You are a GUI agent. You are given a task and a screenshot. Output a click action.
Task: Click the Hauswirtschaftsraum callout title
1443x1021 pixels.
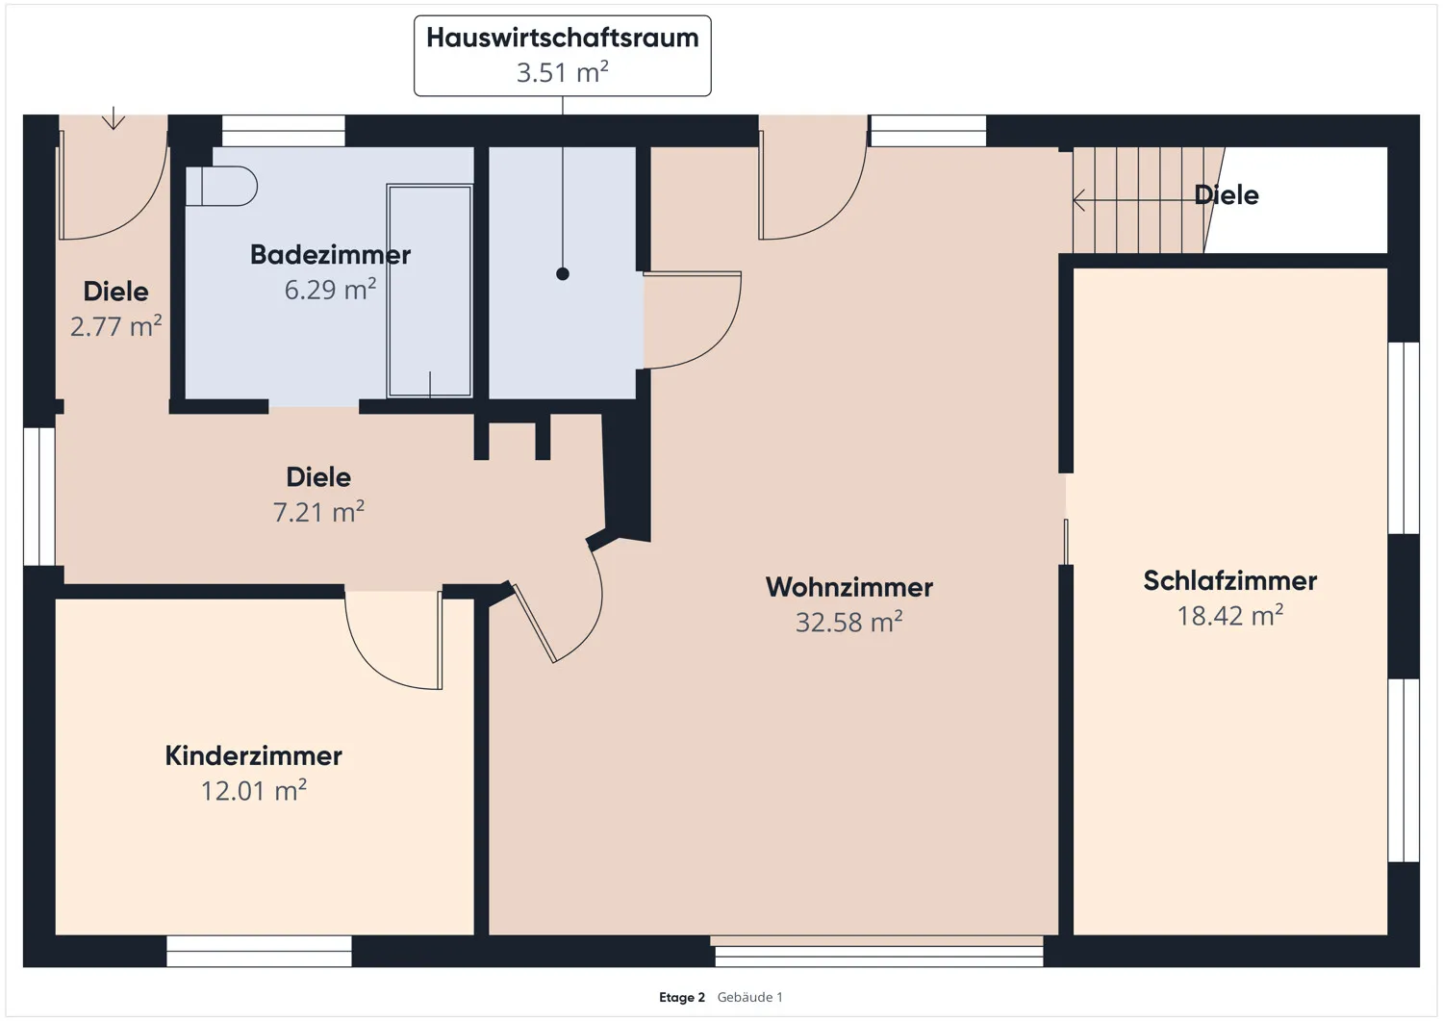tap(562, 38)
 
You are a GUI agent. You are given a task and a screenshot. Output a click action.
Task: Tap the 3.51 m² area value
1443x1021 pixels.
tap(562, 73)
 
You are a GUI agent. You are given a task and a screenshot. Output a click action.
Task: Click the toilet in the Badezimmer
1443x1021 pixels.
tap(222, 186)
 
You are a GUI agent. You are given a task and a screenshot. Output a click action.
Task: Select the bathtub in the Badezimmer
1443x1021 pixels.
tap(429, 291)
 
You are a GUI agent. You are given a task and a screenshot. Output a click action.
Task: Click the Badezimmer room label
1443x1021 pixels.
tap(330, 255)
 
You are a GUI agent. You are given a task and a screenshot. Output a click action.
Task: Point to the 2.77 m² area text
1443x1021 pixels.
tap(115, 327)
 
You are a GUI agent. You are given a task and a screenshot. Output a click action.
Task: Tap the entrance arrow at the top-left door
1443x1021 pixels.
tap(114, 118)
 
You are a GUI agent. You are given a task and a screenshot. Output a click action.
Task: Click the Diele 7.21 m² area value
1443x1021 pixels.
tap(318, 513)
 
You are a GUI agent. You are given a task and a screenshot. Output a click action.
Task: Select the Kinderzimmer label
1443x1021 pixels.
tap(253, 756)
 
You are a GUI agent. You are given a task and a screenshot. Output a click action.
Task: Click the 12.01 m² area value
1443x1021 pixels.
tap(253, 791)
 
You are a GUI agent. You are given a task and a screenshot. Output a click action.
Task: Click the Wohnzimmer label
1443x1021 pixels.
tap(848, 587)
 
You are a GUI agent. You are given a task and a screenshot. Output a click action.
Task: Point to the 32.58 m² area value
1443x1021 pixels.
tap(848, 623)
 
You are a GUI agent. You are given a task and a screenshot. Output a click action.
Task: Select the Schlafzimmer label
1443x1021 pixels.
tap(1229, 581)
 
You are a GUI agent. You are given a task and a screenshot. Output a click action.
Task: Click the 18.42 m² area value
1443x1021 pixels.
tap(1229, 616)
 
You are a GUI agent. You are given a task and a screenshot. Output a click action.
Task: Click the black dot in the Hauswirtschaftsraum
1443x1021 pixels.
tap(563, 274)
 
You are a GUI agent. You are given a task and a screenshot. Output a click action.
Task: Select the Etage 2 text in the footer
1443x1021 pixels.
tap(681, 997)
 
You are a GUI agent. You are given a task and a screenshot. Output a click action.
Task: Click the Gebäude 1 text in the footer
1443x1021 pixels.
tap(749, 997)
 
